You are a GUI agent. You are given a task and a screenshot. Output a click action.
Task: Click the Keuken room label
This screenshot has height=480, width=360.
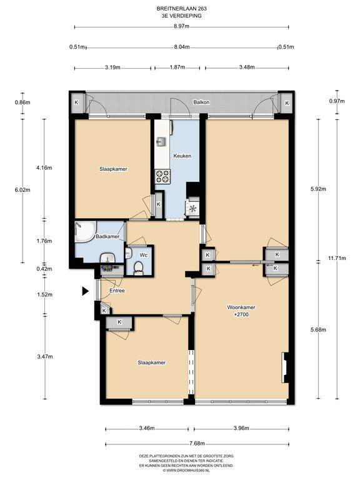pyautogui.click(x=182, y=156)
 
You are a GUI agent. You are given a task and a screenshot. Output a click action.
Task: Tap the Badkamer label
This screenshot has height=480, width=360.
pyautogui.click(x=107, y=236)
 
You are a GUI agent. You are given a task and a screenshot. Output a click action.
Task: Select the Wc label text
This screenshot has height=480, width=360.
pyautogui.click(x=144, y=255)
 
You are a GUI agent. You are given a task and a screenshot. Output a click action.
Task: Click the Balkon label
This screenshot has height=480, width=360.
pyautogui.click(x=201, y=102)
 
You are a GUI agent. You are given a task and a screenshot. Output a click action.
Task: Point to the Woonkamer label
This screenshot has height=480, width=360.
pyautogui.click(x=241, y=307)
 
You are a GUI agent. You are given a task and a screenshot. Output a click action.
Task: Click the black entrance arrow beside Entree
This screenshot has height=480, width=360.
pyautogui.click(x=86, y=291)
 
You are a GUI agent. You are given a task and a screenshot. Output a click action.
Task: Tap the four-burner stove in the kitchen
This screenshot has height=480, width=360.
pyautogui.click(x=162, y=177)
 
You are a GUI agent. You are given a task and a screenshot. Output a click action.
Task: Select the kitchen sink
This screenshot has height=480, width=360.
pyautogui.click(x=161, y=142)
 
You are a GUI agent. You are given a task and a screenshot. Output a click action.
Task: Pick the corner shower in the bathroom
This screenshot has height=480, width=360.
pyautogui.click(x=85, y=231)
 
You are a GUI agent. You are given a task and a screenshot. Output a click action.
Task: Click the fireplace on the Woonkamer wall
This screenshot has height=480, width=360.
pyautogui.click(x=285, y=367)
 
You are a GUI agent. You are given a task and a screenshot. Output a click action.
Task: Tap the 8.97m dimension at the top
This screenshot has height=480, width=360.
pyautogui.click(x=181, y=27)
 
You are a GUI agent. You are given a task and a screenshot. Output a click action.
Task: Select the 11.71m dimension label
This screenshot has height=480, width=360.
pyautogui.click(x=337, y=258)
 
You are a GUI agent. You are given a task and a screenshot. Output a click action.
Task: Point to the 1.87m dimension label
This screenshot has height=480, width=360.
pyautogui.click(x=177, y=67)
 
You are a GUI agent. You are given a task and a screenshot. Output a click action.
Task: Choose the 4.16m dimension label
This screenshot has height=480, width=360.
pyautogui.click(x=44, y=167)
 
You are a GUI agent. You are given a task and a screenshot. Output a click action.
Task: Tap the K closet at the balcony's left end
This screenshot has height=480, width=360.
pyautogui.click(x=76, y=102)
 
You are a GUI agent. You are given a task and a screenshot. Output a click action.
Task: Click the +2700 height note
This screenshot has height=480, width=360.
pyautogui.click(x=241, y=314)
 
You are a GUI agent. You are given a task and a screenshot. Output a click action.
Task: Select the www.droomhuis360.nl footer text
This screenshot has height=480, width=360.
pyautogui.click(x=186, y=470)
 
